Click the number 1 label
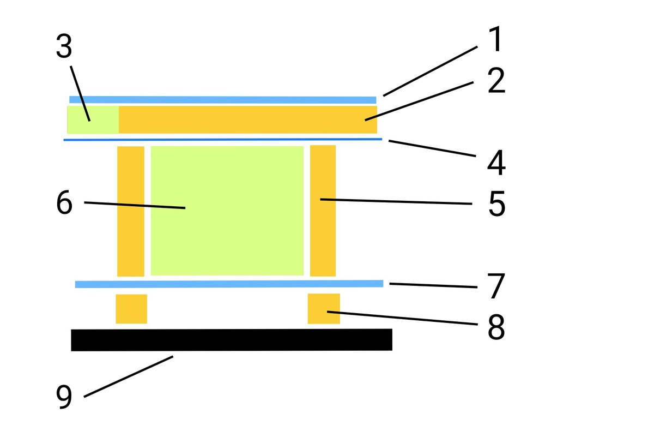pyautogui.click(x=495, y=40)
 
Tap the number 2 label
pyautogui.click(x=496, y=82)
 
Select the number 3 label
pyautogui.click(x=64, y=48)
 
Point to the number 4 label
pyautogui.click(x=496, y=163)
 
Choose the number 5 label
pyautogui.click(x=496, y=203)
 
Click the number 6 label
pyautogui.click(x=64, y=203)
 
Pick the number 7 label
pyautogui.click(x=496, y=286)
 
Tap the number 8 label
pyautogui.click(x=496, y=327)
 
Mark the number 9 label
pyautogui.click(x=64, y=397)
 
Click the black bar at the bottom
pyautogui.click(x=232, y=339)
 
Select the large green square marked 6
pyautogui.click(x=227, y=211)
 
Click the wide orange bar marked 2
pyautogui.click(x=248, y=119)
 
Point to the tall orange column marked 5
pyautogui.click(x=323, y=211)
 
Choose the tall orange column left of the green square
pyautogui.click(x=131, y=211)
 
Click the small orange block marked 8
pyautogui.click(x=324, y=308)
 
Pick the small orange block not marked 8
pyautogui.click(x=131, y=309)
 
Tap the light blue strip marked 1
pyautogui.click(x=223, y=100)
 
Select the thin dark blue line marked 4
pyautogui.click(x=223, y=140)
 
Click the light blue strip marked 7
pyautogui.click(x=229, y=284)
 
